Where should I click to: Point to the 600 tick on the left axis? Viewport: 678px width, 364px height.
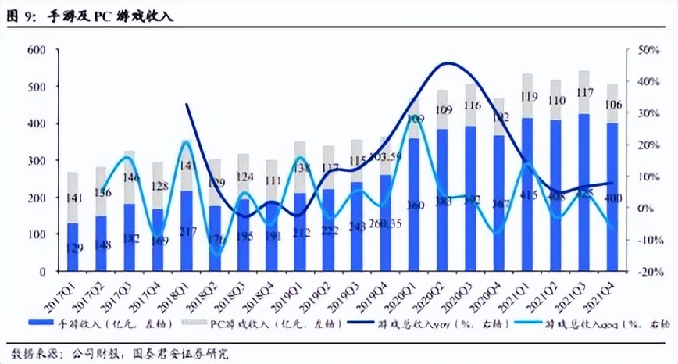(x=37, y=51)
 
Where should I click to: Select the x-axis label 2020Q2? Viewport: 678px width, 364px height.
(x=432, y=294)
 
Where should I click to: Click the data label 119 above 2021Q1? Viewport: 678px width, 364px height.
(x=528, y=97)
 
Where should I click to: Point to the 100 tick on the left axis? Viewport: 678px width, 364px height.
(x=37, y=234)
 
